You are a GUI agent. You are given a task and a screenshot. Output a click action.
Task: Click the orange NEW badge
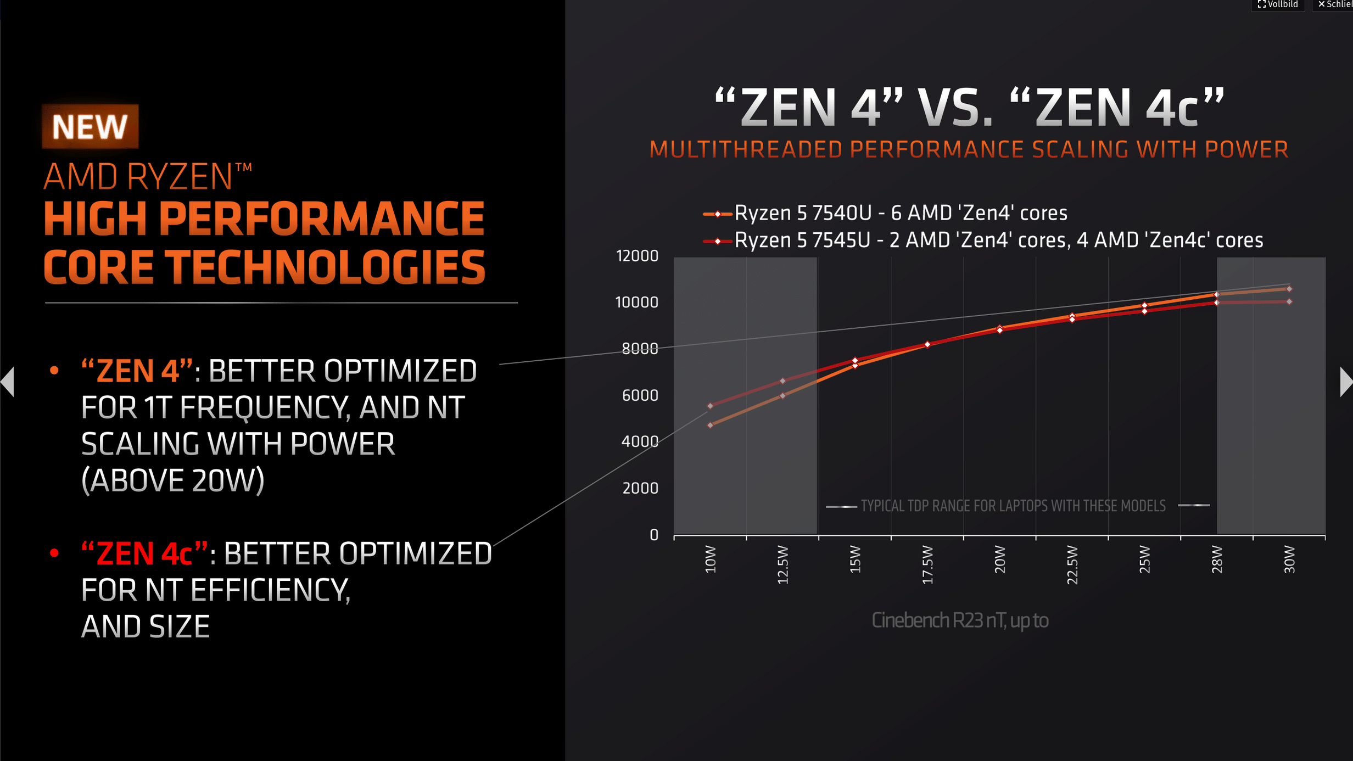(x=90, y=127)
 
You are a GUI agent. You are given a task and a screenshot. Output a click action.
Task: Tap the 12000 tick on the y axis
(x=637, y=256)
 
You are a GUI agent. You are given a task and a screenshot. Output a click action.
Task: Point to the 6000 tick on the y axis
(x=640, y=395)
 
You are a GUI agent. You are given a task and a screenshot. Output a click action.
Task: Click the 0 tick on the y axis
(x=653, y=535)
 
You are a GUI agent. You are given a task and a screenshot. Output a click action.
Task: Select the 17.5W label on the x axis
(x=927, y=564)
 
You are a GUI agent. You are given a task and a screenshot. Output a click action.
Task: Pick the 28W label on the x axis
(x=1217, y=559)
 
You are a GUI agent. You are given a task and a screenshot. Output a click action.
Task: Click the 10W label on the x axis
(x=711, y=559)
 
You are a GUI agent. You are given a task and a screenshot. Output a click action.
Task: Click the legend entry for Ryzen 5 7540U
(x=901, y=213)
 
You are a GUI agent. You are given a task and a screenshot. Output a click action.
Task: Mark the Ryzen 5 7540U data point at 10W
(x=711, y=425)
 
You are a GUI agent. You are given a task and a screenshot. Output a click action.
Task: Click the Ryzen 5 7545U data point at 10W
(x=711, y=406)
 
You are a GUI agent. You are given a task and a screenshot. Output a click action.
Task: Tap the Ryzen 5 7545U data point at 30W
(x=1289, y=301)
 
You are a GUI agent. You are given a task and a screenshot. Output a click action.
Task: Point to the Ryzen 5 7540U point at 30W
(x=1289, y=289)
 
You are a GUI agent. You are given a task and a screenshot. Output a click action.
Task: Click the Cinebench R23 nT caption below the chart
(x=960, y=620)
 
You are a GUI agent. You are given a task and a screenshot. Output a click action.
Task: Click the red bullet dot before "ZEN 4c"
(x=54, y=553)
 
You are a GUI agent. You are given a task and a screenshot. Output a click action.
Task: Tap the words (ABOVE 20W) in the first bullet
(x=173, y=480)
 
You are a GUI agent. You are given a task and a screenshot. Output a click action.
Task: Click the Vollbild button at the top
(x=1278, y=5)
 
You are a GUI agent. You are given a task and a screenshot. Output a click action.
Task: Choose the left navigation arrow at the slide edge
(x=8, y=382)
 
